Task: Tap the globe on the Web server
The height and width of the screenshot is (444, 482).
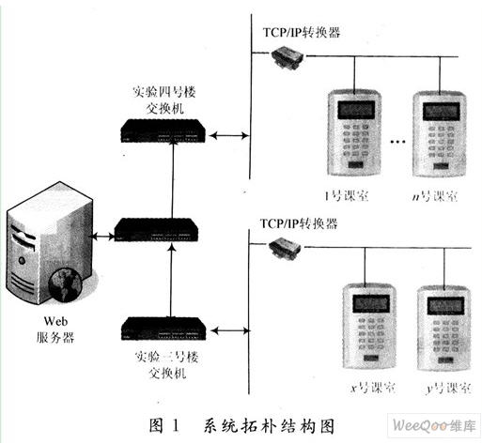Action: click(65, 284)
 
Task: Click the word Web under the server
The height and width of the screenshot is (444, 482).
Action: click(55, 321)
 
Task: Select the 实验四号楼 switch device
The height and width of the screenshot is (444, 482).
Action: click(163, 130)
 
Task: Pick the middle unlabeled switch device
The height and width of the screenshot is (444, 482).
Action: click(156, 229)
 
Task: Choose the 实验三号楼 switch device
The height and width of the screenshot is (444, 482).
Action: click(163, 329)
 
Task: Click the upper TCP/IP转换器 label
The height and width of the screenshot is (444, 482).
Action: click(302, 32)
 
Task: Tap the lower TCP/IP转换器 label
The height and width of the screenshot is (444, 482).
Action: click(299, 223)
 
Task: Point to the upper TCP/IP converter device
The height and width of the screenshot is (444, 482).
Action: click(288, 56)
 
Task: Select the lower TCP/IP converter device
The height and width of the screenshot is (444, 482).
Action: click(285, 247)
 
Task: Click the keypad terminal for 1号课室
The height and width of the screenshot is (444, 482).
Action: click(354, 133)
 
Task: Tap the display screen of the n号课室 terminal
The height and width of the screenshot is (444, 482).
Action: click(441, 112)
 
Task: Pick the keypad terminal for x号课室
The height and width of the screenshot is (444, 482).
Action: click(369, 326)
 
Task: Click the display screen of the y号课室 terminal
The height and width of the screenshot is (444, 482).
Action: click(445, 305)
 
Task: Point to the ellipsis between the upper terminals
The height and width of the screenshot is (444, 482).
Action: click(397, 142)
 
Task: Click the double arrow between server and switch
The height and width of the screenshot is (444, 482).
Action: click(102, 237)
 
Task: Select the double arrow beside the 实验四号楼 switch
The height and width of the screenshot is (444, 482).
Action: click(229, 135)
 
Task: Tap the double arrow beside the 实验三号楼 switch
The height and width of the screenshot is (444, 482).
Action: click(231, 330)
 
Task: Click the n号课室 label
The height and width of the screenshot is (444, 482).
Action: click(435, 196)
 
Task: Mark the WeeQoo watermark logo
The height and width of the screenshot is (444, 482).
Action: click(434, 425)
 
